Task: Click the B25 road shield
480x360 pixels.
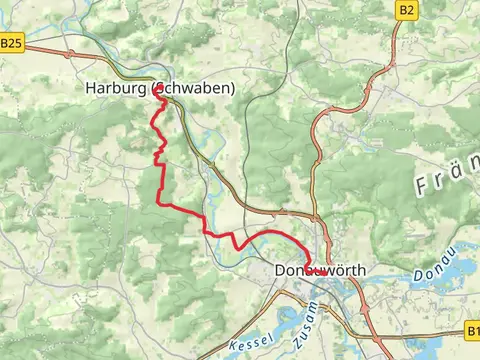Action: tap(10, 43)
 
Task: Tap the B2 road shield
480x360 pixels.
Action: tap(405, 10)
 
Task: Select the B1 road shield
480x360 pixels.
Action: tap(471, 328)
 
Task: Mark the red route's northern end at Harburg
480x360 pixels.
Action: tap(158, 88)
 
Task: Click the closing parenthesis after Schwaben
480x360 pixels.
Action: tap(233, 89)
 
